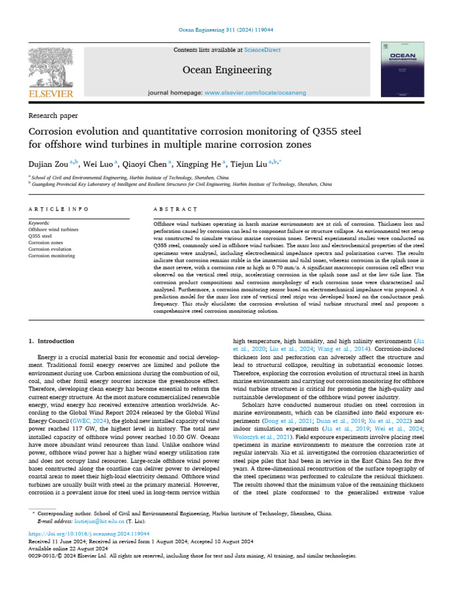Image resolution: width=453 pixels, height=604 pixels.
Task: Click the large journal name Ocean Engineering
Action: (x=227, y=70)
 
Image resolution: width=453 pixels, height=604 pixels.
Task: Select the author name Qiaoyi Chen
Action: (x=145, y=163)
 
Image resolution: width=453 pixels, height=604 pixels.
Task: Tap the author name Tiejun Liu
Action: (x=248, y=163)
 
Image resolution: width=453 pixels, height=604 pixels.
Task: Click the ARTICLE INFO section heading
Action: (x=58, y=209)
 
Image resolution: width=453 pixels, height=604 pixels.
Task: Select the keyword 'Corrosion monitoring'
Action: (x=52, y=256)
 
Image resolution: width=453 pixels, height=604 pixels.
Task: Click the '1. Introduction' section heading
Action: (x=52, y=341)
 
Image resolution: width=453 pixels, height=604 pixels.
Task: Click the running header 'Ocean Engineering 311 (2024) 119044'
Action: (x=226, y=29)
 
